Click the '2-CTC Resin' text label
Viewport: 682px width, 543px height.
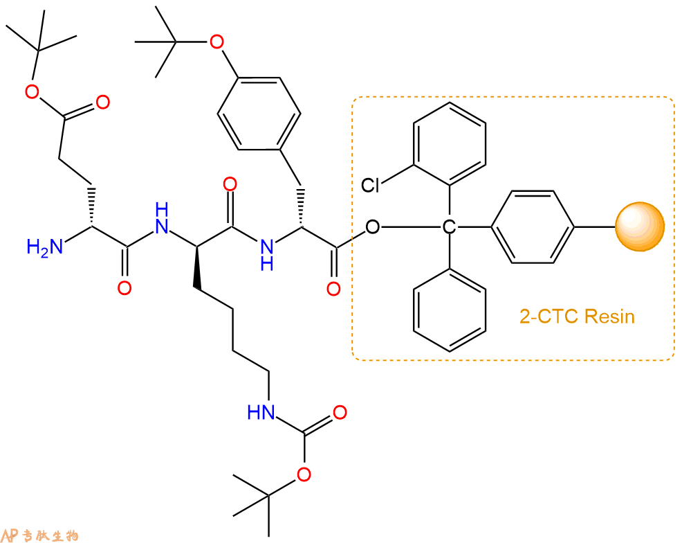pos(577,317)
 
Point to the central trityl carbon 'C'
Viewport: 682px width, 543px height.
pos(450,226)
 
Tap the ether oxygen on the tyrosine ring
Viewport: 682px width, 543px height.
pos(216,43)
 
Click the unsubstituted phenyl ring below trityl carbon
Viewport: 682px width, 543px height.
pos(450,308)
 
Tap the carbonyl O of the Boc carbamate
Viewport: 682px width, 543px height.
pos(339,413)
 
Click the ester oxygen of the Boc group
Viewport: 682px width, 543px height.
pos(300,474)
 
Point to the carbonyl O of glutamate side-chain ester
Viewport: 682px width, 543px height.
pos(102,104)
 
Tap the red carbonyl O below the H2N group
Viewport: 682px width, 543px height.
pos(124,287)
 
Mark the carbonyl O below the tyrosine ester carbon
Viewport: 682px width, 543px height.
pos(333,288)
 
